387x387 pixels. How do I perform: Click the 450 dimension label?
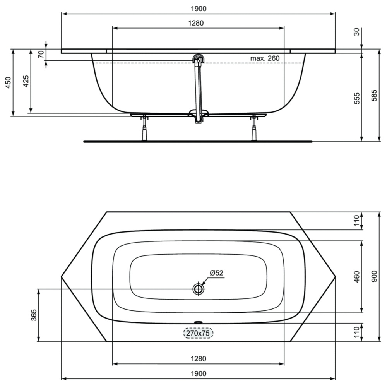tap(8, 83)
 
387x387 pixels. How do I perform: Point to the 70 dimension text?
tap(41, 54)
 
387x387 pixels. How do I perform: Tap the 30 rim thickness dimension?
tap(357, 32)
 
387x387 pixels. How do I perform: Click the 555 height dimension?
tap(357, 98)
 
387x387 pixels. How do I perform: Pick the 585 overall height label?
tap(374, 95)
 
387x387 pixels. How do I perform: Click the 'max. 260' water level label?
tap(265, 58)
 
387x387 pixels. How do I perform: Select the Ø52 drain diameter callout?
tap(216, 273)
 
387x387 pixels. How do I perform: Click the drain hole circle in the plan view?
tap(199, 289)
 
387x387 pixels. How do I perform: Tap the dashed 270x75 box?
tap(198, 333)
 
